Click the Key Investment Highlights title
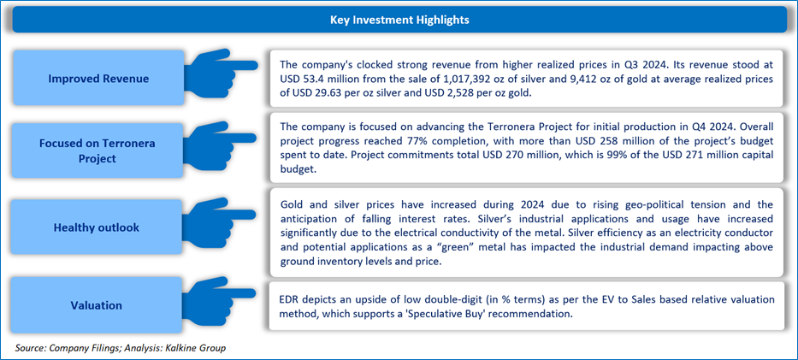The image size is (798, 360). pyautogui.click(x=399, y=20)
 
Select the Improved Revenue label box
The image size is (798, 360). pyautogui.click(x=98, y=79)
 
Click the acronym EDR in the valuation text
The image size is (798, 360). pyautogui.click(x=291, y=300)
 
